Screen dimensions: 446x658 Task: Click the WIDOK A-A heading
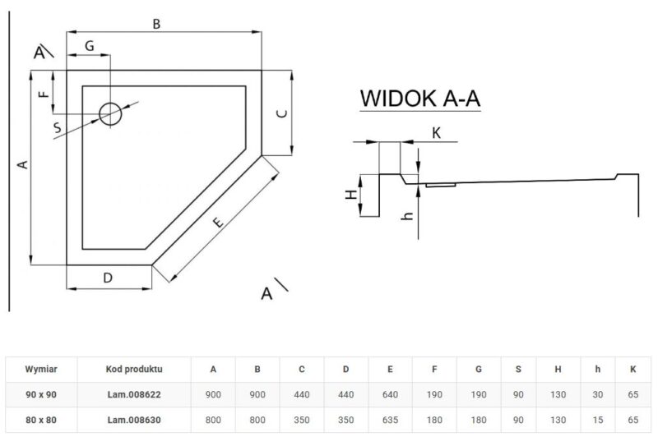(419, 99)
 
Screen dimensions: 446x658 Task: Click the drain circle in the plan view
(110, 114)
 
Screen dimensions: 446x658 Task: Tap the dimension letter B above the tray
(155, 25)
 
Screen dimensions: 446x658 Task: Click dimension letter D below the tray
(108, 278)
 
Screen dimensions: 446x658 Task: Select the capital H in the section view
(350, 195)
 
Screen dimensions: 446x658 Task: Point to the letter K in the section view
(437, 132)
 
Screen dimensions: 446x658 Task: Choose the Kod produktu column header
(134, 370)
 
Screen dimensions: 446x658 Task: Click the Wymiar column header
(39, 370)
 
